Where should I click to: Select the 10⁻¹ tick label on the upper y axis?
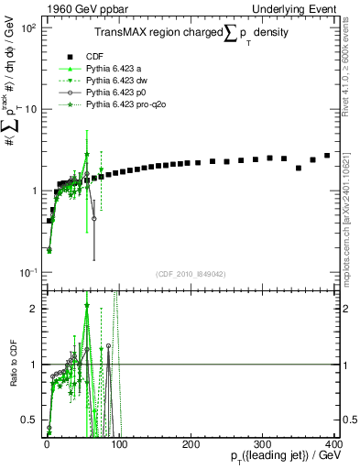coord(29,273)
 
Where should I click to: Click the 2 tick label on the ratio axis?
coord(34,309)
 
